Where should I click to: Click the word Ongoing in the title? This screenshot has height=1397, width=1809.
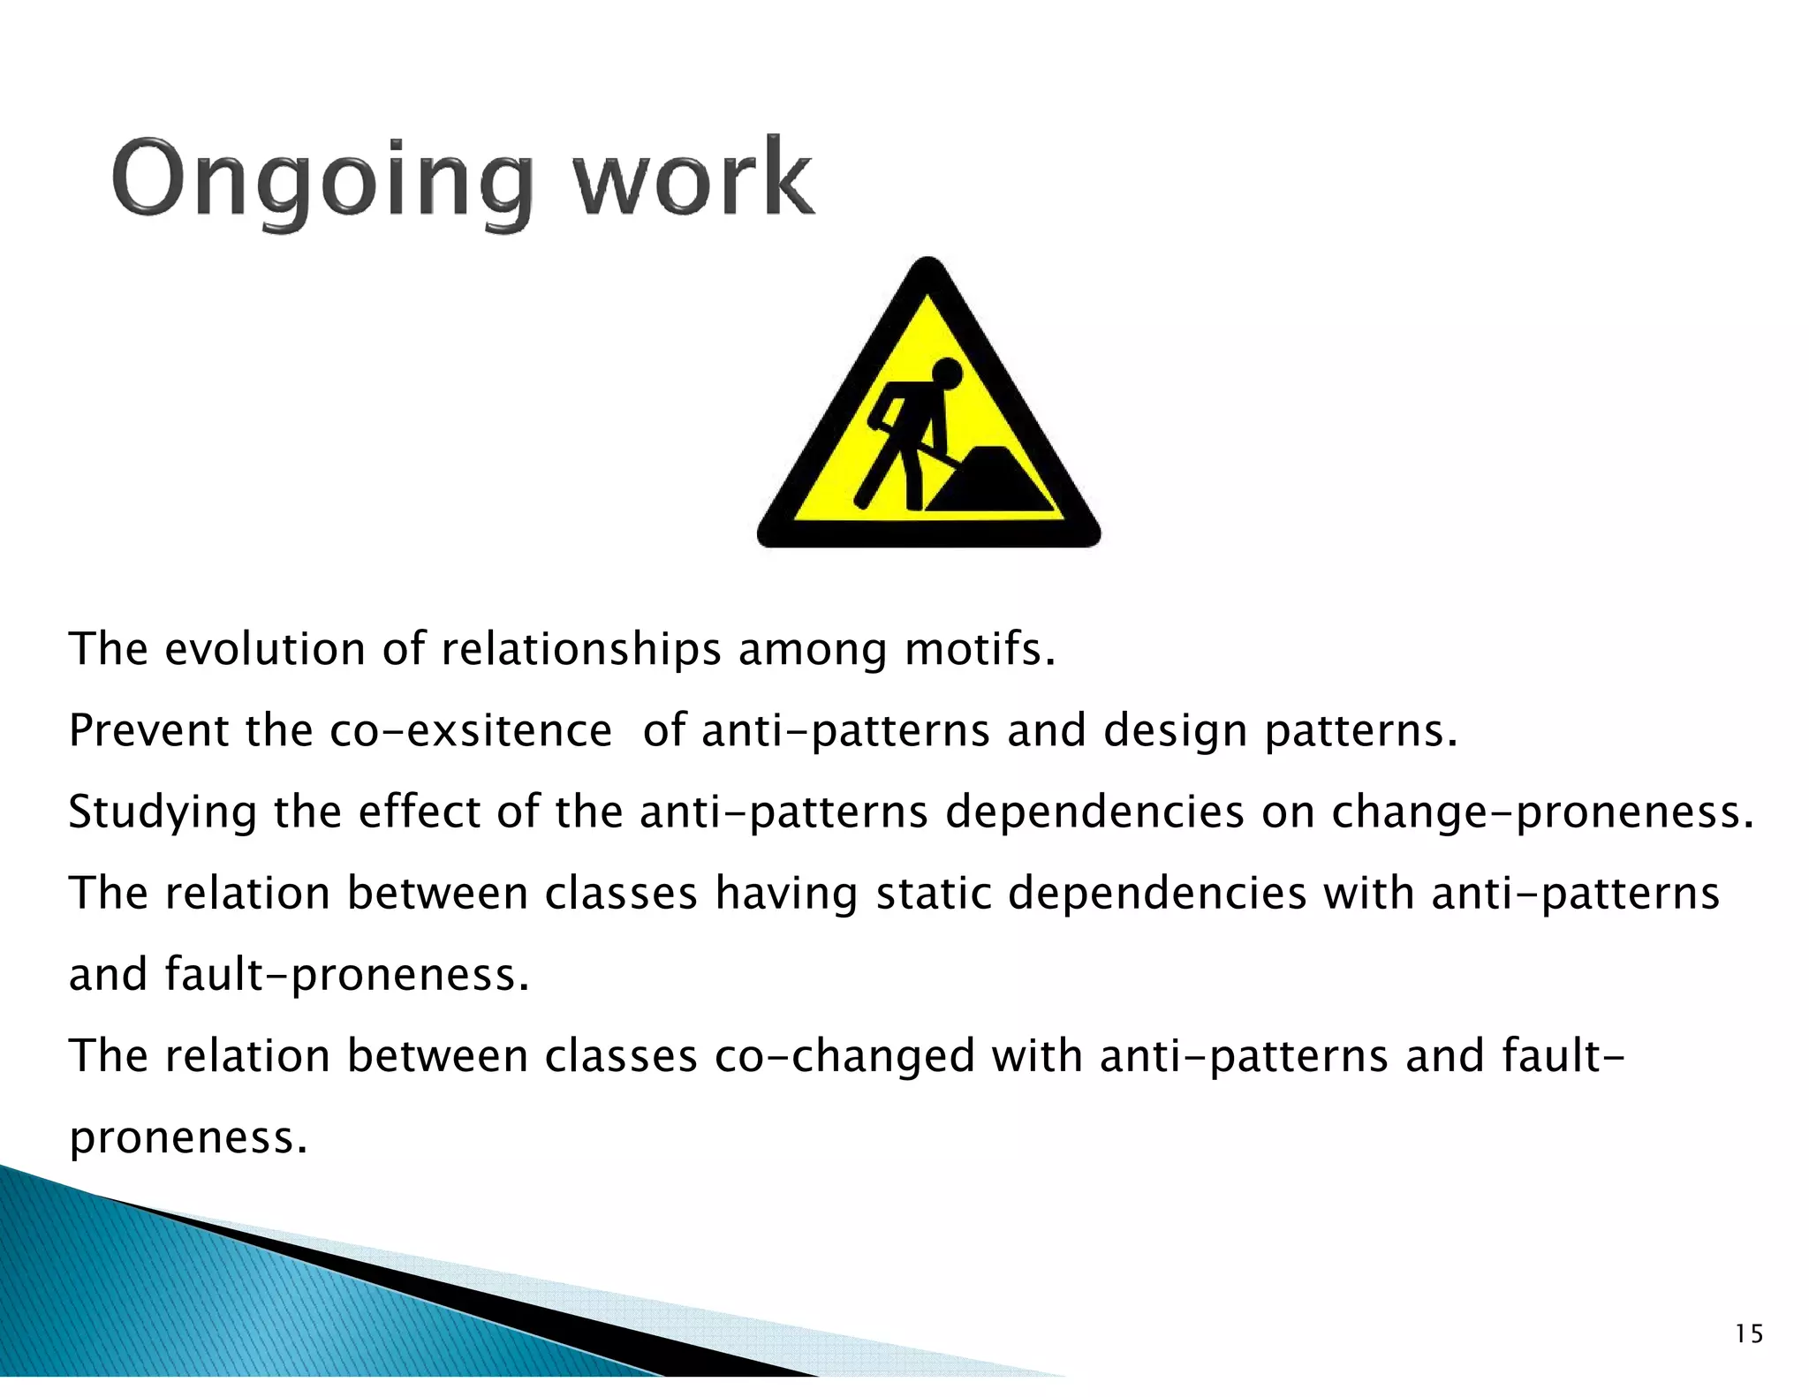tap(322, 179)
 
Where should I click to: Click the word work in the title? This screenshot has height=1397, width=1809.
tap(693, 179)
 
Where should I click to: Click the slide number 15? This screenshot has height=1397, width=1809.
tap(1748, 1333)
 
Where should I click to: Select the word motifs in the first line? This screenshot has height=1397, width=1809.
tap(980, 649)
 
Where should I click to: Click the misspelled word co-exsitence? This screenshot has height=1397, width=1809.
tap(470, 731)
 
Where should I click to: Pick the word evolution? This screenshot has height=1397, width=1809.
tap(265, 649)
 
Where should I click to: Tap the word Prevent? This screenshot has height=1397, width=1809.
tap(148, 731)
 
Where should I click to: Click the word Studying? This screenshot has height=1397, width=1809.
tap(162, 813)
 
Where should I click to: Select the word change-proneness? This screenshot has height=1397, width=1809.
tap(1542, 813)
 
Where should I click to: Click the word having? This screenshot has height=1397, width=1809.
tap(786, 895)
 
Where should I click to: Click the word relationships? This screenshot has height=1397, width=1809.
tap(580, 651)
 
